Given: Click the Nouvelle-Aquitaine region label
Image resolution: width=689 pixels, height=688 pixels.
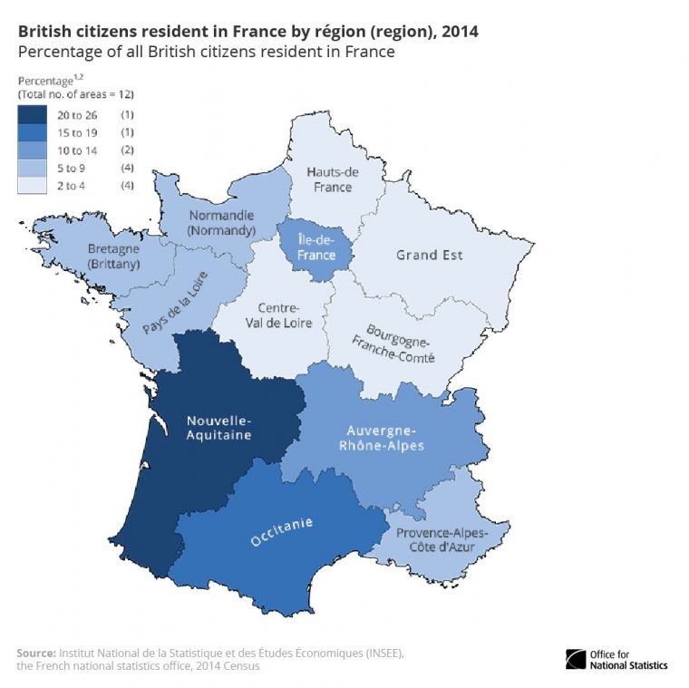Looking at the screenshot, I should tap(218, 427).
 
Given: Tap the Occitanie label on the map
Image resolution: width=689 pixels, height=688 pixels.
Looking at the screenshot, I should tap(282, 532).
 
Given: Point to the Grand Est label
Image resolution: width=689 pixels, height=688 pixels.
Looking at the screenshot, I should tap(429, 255).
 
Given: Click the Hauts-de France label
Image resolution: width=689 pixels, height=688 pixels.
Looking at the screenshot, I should tap(333, 179).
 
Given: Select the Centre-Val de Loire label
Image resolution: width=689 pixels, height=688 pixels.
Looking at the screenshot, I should tap(285, 315).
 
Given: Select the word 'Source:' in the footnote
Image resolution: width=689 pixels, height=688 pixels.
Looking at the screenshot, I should tap(36, 653).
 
